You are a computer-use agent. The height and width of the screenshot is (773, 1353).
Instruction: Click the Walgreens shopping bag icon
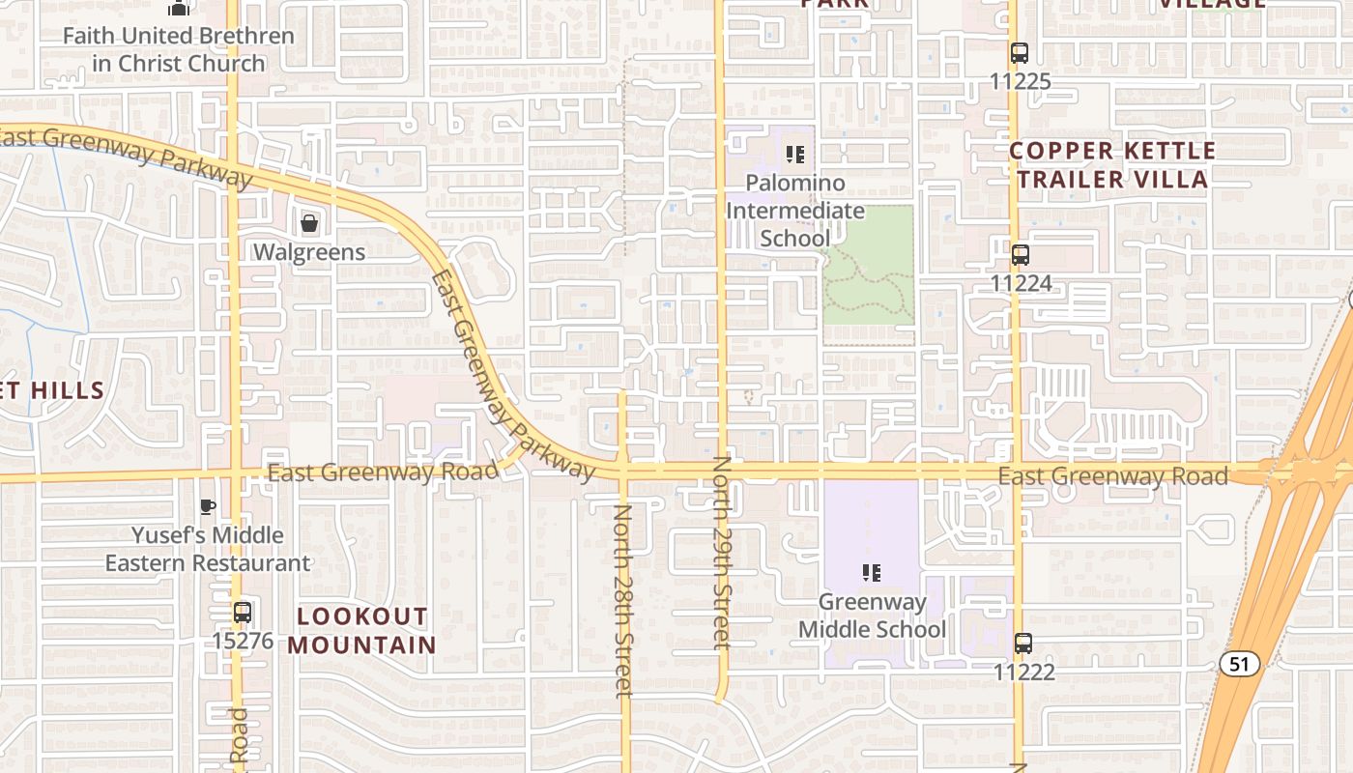coord(309,224)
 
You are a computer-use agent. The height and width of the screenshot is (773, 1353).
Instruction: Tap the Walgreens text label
coord(309,252)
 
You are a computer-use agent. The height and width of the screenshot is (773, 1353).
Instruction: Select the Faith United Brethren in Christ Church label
coord(178,50)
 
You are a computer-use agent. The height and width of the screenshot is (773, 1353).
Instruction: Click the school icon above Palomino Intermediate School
coord(795,155)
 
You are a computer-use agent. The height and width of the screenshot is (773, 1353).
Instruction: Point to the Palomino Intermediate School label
coord(781,211)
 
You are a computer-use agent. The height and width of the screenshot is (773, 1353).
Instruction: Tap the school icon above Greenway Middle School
coord(872,573)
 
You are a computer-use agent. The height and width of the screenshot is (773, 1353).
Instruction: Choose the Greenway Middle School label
coord(872,616)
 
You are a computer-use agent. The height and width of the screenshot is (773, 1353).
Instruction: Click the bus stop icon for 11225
coord(1020,53)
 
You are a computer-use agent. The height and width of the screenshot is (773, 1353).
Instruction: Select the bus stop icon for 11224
coord(1021,255)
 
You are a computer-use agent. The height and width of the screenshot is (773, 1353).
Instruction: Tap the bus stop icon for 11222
coord(1022,644)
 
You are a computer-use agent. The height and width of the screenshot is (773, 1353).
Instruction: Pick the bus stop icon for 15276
coord(243,613)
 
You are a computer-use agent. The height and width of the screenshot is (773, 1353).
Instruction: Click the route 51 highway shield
coord(1239,664)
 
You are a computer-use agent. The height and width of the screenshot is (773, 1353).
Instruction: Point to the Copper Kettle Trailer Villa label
coord(1112,165)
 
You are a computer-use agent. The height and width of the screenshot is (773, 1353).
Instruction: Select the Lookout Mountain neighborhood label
coord(361,630)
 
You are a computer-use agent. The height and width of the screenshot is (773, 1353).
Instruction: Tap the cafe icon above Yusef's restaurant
coord(207,506)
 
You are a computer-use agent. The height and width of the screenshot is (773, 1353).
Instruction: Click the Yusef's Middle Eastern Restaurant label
coord(208,549)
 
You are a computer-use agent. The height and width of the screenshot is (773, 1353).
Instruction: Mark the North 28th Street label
coord(623,599)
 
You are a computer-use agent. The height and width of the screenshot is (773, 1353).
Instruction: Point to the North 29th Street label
coord(722,553)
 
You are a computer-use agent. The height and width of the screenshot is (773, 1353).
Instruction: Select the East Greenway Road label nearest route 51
coord(1112,475)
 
